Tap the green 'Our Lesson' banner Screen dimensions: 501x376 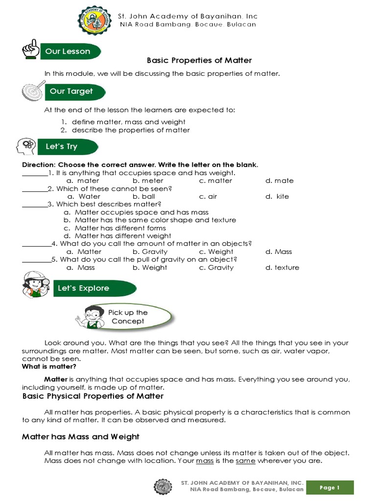tap(69, 51)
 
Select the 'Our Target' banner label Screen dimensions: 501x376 tap(71, 91)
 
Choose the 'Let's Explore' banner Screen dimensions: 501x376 tap(84, 288)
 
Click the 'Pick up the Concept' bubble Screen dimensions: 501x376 tap(128, 317)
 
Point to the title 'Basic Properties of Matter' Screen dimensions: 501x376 tap(199, 61)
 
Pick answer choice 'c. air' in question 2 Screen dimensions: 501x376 tap(208, 196)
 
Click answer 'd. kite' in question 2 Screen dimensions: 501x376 tap(277, 196)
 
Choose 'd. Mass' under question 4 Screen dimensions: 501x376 tap(279, 251)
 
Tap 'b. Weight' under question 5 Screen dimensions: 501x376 tap(150, 268)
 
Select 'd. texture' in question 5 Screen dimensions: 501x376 tap(282, 268)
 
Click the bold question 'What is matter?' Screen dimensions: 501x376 tap(49, 366)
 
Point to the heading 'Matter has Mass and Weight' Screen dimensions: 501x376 tap(81, 436)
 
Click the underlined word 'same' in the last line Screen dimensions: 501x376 tap(246, 461)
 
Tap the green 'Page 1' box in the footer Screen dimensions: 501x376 tap(330, 487)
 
